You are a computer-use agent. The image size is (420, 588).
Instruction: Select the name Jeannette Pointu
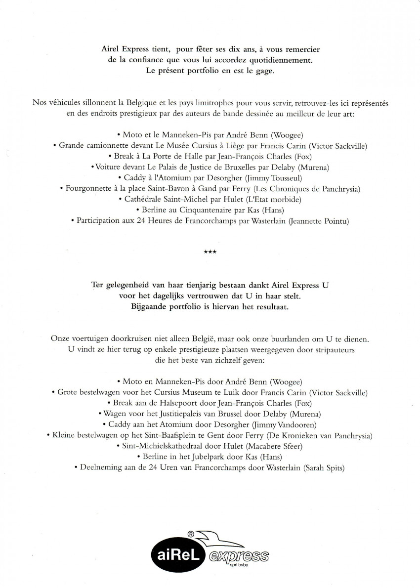[x=317, y=221]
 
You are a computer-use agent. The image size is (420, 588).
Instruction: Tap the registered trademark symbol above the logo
[x=190, y=534]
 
